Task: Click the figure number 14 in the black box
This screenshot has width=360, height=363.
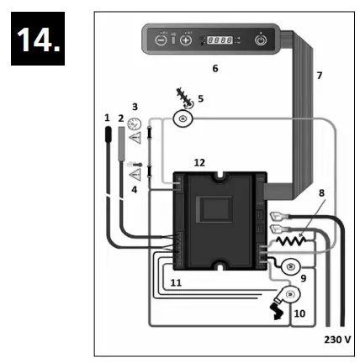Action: [41, 41]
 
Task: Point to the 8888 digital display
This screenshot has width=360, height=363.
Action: [220, 39]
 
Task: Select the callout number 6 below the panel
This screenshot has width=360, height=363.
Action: [214, 67]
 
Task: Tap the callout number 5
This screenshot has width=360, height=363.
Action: [200, 97]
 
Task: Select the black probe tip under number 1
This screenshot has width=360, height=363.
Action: [108, 134]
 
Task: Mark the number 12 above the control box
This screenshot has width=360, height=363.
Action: [199, 161]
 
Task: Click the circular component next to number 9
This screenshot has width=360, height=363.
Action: [290, 267]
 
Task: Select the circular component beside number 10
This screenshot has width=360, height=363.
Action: [290, 296]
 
